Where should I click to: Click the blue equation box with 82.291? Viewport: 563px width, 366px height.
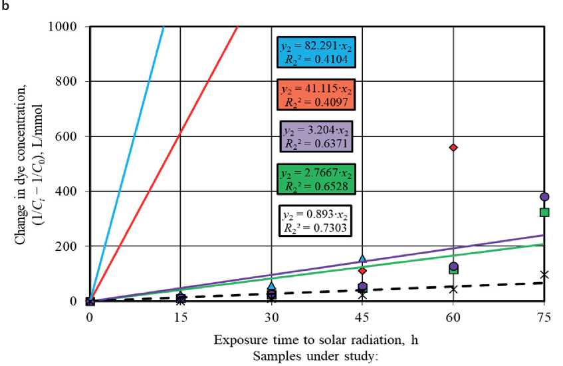click(x=316, y=52)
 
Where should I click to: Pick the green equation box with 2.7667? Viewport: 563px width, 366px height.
click(x=316, y=178)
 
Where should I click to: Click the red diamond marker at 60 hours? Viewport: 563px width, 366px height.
click(x=453, y=147)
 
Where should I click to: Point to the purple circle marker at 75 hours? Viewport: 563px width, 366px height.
click(x=544, y=197)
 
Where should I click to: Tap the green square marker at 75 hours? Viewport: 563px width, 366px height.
click(x=544, y=212)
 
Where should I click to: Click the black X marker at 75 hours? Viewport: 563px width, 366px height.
click(x=544, y=274)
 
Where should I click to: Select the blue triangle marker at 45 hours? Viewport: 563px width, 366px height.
click(x=363, y=258)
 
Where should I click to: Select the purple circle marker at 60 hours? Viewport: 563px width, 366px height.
click(x=453, y=267)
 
